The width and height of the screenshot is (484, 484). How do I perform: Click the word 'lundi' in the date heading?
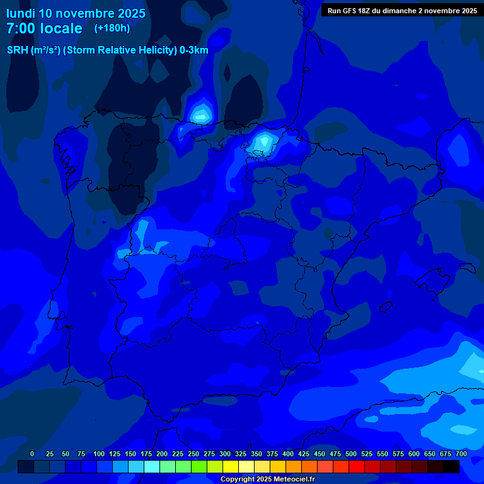pos(20,13)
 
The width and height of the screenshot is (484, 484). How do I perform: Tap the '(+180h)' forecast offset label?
pos(112,28)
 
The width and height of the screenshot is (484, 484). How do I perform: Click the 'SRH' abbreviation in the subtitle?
pos(17,50)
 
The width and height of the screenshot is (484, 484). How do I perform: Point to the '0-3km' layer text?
pos(193,50)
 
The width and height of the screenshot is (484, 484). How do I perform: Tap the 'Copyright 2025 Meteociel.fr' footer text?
pos(267,480)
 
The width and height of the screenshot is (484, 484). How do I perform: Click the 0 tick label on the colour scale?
pos(32,454)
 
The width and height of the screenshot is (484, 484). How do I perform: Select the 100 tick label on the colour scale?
pos(99,454)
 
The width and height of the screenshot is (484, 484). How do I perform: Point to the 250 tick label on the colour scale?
pos(193,454)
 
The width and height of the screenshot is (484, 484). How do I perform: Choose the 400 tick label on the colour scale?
pos(288,454)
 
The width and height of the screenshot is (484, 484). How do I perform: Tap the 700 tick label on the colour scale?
pos(461,454)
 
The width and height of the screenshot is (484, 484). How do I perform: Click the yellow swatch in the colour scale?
pos(231,467)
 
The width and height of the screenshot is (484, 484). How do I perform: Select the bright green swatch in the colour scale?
pos(199,467)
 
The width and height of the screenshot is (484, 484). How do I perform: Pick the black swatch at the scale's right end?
pos(451,467)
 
